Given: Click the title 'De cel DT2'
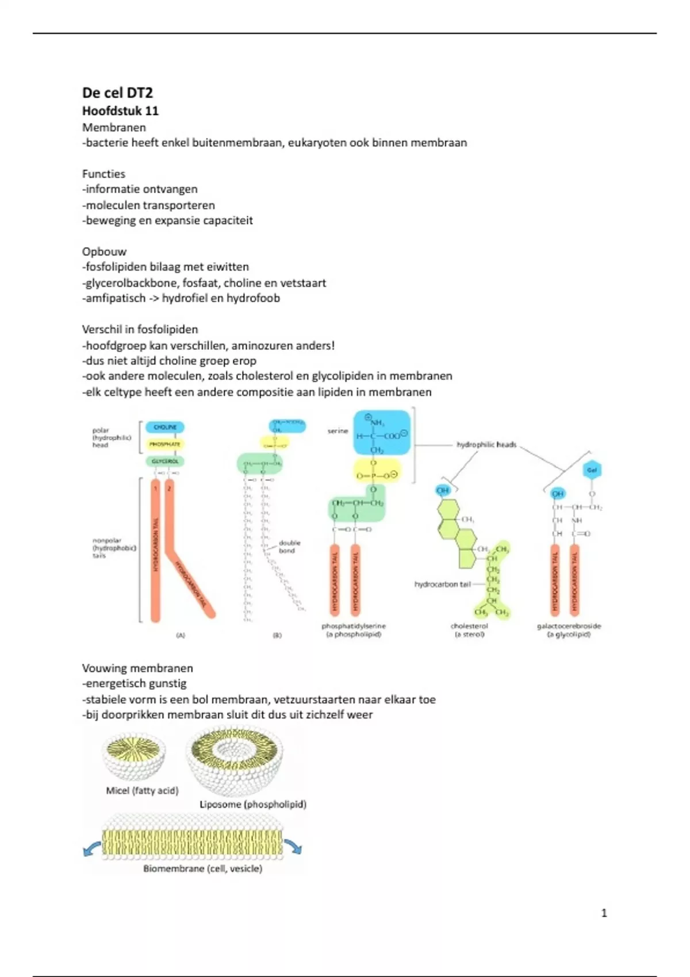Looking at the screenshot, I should pyautogui.click(x=117, y=93).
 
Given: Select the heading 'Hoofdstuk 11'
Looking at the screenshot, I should pyautogui.click(x=120, y=111).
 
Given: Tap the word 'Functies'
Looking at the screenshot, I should pyautogui.click(x=103, y=174).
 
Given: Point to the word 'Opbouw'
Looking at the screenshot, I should pyautogui.click(x=104, y=252).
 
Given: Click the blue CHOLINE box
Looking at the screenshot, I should pyautogui.click(x=165, y=427).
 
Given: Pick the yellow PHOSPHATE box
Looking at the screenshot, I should pyautogui.click(x=165, y=444).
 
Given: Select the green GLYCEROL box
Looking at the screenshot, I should pyautogui.click(x=165, y=461).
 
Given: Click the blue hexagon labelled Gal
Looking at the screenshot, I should pyautogui.click(x=592, y=470).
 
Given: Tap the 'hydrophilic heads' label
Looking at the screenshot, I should pyautogui.click(x=486, y=444).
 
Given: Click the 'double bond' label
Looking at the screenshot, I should pyautogui.click(x=289, y=547).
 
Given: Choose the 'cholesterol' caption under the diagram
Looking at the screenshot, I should pyautogui.click(x=469, y=626).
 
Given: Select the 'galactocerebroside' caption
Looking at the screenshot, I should pyautogui.click(x=569, y=626).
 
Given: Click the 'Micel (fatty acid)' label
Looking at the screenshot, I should pyautogui.click(x=142, y=791).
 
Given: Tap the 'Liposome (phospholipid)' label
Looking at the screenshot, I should pyautogui.click(x=253, y=805).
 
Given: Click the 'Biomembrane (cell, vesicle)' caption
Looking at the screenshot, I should pyautogui.click(x=202, y=868).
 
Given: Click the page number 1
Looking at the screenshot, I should pyautogui.click(x=604, y=913).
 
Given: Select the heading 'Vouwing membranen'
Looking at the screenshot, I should pyautogui.click(x=137, y=668).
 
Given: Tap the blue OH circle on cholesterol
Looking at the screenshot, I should pyautogui.click(x=443, y=490).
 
